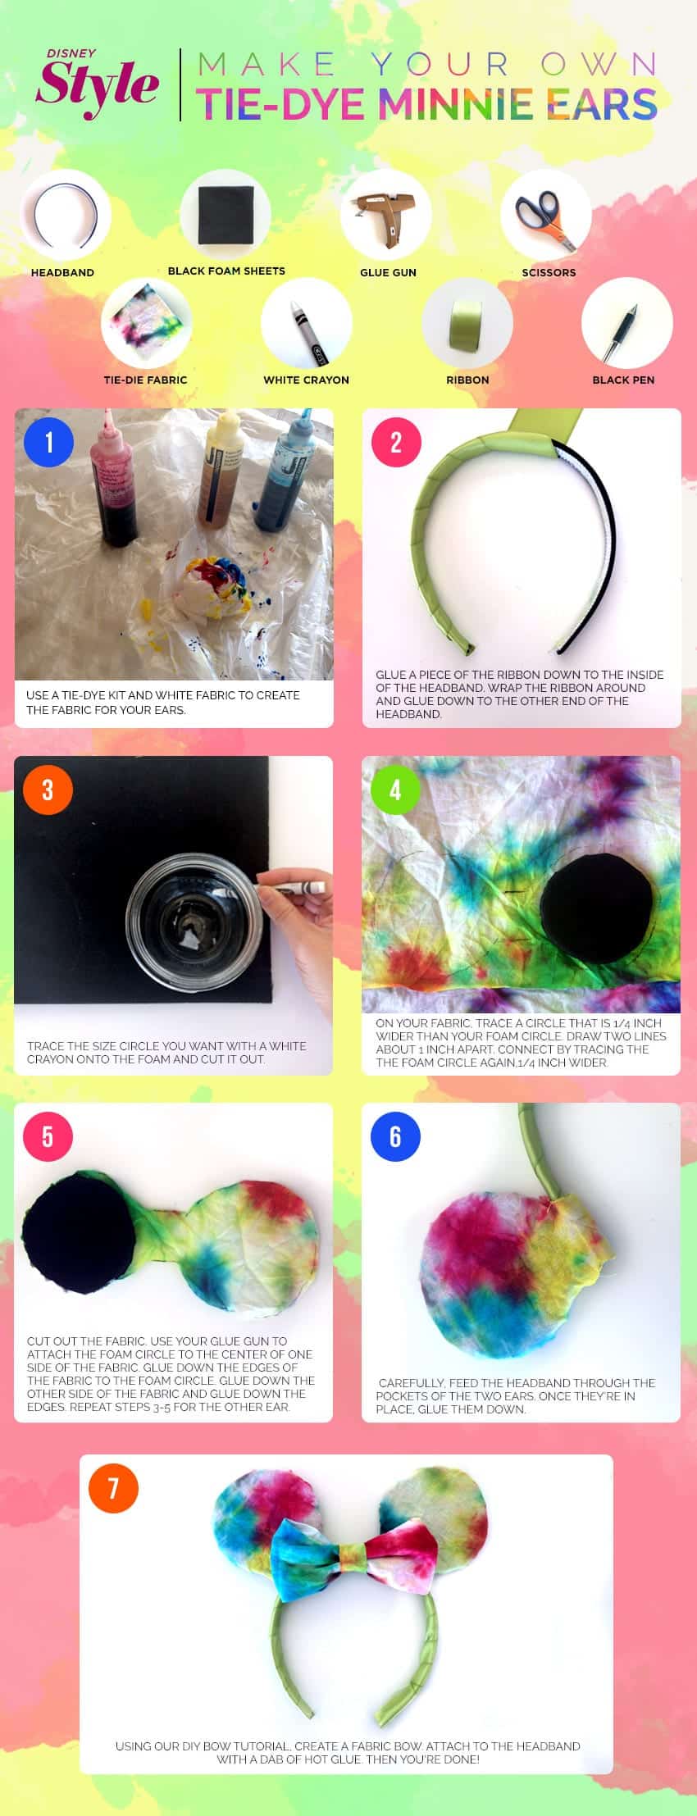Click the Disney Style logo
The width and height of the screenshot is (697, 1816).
[x=97, y=83]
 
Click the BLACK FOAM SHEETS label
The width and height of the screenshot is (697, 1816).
[x=226, y=271]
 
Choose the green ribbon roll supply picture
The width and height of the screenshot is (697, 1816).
[x=467, y=326]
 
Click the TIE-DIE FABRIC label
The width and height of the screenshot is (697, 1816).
[x=145, y=380]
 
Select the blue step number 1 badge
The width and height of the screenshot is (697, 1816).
[x=49, y=443]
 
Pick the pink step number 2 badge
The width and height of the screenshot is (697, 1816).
[x=396, y=443]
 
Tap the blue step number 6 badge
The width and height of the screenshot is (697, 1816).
[x=395, y=1136]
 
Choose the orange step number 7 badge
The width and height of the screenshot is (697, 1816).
[x=113, y=1488]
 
